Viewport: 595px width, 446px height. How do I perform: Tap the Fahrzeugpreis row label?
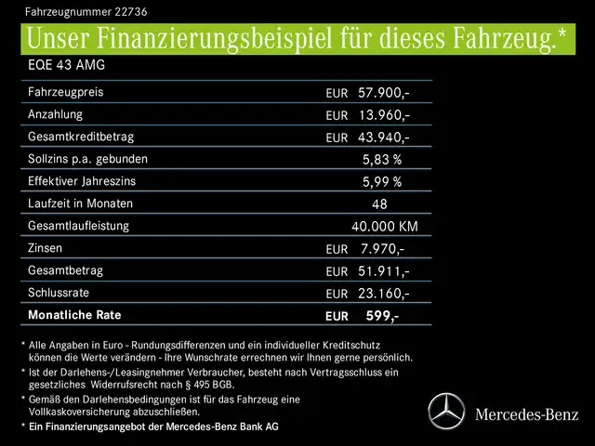tap(66, 93)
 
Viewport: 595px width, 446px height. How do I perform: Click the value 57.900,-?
tap(384, 94)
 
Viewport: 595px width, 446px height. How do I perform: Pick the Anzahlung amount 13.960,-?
tap(384, 115)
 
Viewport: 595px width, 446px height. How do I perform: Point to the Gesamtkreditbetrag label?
tap(82, 137)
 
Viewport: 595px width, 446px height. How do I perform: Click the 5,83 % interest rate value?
tap(382, 160)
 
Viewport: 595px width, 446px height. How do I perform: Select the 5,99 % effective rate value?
tap(382, 182)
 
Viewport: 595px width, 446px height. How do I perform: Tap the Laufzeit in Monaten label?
tap(80, 203)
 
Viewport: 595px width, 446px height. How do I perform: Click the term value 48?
tap(379, 204)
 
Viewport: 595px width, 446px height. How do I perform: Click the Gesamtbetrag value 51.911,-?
tap(384, 271)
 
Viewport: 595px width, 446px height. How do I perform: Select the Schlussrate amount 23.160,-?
tap(384, 294)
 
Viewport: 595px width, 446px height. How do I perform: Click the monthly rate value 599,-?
tap(382, 316)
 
